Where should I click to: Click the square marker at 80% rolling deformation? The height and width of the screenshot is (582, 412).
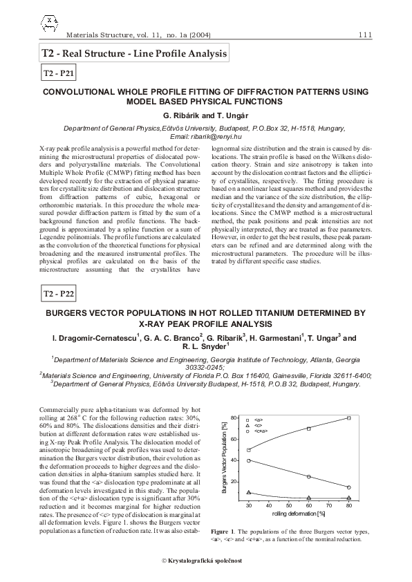(x=349, y=418)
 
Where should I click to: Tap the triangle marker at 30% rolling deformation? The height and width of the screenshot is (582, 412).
(x=249, y=493)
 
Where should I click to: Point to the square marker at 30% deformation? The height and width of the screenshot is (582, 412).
(x=249, y=450)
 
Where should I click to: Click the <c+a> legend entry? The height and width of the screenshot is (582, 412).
(x=259, y=431)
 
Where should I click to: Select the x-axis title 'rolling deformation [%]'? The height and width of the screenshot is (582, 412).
(x=298, y=514)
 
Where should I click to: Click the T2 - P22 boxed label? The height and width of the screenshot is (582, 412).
(x=59, y=294)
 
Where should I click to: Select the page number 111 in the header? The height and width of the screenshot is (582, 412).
(x=366, y=35)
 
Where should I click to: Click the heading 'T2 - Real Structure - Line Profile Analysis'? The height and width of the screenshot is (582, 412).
(x=134, y=53)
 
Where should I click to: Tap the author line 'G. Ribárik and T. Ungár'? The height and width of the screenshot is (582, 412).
(x=205, y=115)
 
